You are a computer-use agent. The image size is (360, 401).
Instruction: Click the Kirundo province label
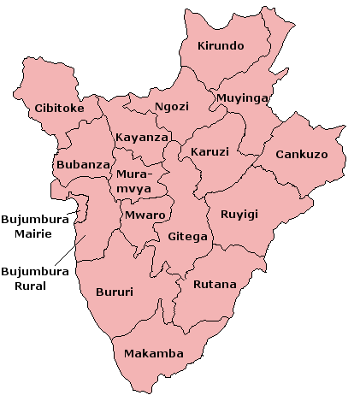click(x=221, y=45)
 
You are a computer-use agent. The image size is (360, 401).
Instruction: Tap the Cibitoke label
click(x=59, y=109)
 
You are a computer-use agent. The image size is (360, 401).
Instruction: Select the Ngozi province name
click(x=172, y=107)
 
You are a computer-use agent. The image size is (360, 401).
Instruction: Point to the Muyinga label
click(x=242, y=98)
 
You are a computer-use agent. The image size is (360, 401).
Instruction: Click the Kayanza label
click(x=141, y=137)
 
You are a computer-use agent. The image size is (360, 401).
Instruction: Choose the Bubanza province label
click(x=83, y=164)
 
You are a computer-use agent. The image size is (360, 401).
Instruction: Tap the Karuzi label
click(x=210, y=151)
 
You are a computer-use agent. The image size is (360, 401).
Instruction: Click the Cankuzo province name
click(x=302, y=155)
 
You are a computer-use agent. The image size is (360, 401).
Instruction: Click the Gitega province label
click(x=187, y=236)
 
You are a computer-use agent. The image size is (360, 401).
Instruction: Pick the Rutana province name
click(x=214, y=284)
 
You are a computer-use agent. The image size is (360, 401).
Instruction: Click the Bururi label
click(x=114, y=292)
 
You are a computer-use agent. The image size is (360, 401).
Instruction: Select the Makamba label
click(x=153, y=353)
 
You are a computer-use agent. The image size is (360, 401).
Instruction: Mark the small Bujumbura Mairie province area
click(x=82, y=207)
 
